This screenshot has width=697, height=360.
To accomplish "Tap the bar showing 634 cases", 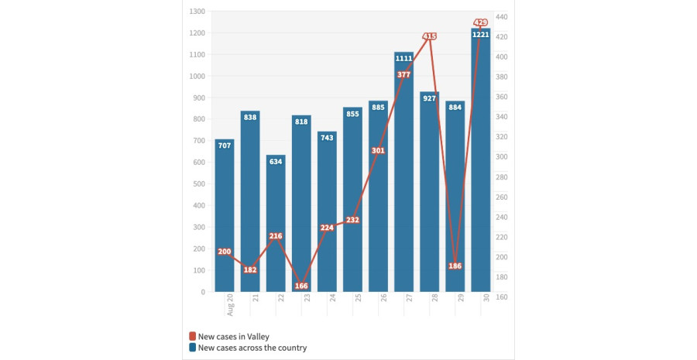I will pos(276,225).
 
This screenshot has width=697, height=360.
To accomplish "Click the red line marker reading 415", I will pos(430,36).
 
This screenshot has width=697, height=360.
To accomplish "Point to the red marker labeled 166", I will pos(301,286).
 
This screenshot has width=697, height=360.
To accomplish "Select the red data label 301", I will pos(378,150).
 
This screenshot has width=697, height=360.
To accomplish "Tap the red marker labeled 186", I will pos(455,266).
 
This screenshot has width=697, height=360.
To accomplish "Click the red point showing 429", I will pos(481,22).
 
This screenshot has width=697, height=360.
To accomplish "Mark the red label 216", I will pos(276,236).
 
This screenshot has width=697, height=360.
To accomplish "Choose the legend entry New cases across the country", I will pos(247,348).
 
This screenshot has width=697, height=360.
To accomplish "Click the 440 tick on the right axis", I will pos(501,17).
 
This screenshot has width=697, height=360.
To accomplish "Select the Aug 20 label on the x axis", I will pos(230,305).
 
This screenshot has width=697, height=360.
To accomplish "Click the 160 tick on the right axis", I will pos(501,297).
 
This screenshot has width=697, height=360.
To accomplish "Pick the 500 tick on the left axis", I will pos(198,184).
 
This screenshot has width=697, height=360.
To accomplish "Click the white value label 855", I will pos(352,114).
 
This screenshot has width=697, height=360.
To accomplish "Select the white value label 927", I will pos(430,98).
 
